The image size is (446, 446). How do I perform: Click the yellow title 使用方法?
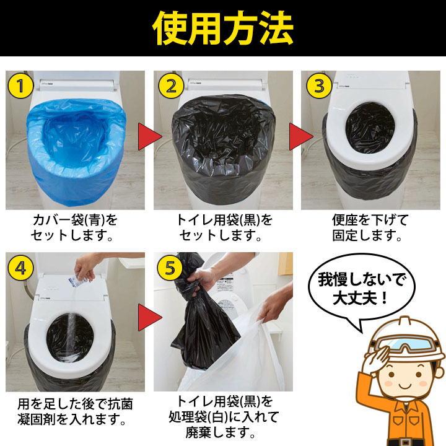[223, 28]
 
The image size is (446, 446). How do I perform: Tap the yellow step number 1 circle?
[20, 85]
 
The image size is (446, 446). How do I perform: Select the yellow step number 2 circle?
[171, 85]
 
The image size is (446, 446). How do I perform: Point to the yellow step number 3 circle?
[319, 85]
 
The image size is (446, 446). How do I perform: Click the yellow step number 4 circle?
[20, 268]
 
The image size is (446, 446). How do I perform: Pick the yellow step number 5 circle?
[170, 268]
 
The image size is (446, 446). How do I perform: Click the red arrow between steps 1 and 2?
[150, 136]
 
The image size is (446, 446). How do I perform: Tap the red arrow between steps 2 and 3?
[301, 136]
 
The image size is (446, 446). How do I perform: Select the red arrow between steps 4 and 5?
[150, 317]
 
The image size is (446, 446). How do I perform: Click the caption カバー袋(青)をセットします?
[74, 227]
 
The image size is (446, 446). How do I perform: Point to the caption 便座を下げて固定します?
[369, 227]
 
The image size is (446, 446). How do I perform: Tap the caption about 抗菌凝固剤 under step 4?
[74, 411]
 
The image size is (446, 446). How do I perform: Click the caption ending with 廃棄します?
[223, 416]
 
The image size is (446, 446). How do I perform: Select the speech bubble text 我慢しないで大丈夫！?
[361, 288]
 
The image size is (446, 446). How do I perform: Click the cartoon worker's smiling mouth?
[406, 387]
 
